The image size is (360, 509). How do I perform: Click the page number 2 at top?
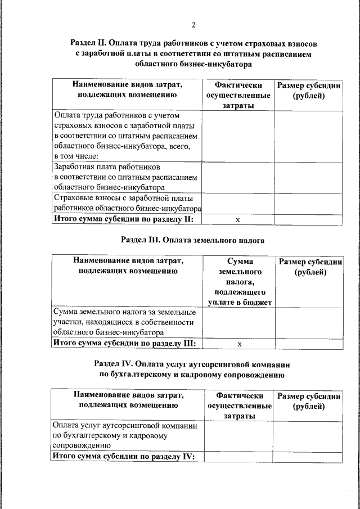193,25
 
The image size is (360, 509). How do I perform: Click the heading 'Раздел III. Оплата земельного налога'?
193,240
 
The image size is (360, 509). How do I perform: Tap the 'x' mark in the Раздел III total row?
238,343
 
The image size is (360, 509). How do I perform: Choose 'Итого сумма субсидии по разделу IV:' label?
123,456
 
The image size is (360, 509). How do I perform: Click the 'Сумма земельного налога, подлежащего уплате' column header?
238,282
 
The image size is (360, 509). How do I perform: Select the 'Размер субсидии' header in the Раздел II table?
309,91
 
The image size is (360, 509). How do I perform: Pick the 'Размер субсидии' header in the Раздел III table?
309,267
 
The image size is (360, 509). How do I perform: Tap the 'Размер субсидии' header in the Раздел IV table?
308,400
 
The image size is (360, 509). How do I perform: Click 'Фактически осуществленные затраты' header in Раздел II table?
238,95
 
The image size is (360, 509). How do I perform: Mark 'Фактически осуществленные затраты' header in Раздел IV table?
238,405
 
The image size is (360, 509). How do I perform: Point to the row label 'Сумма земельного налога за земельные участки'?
124,322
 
